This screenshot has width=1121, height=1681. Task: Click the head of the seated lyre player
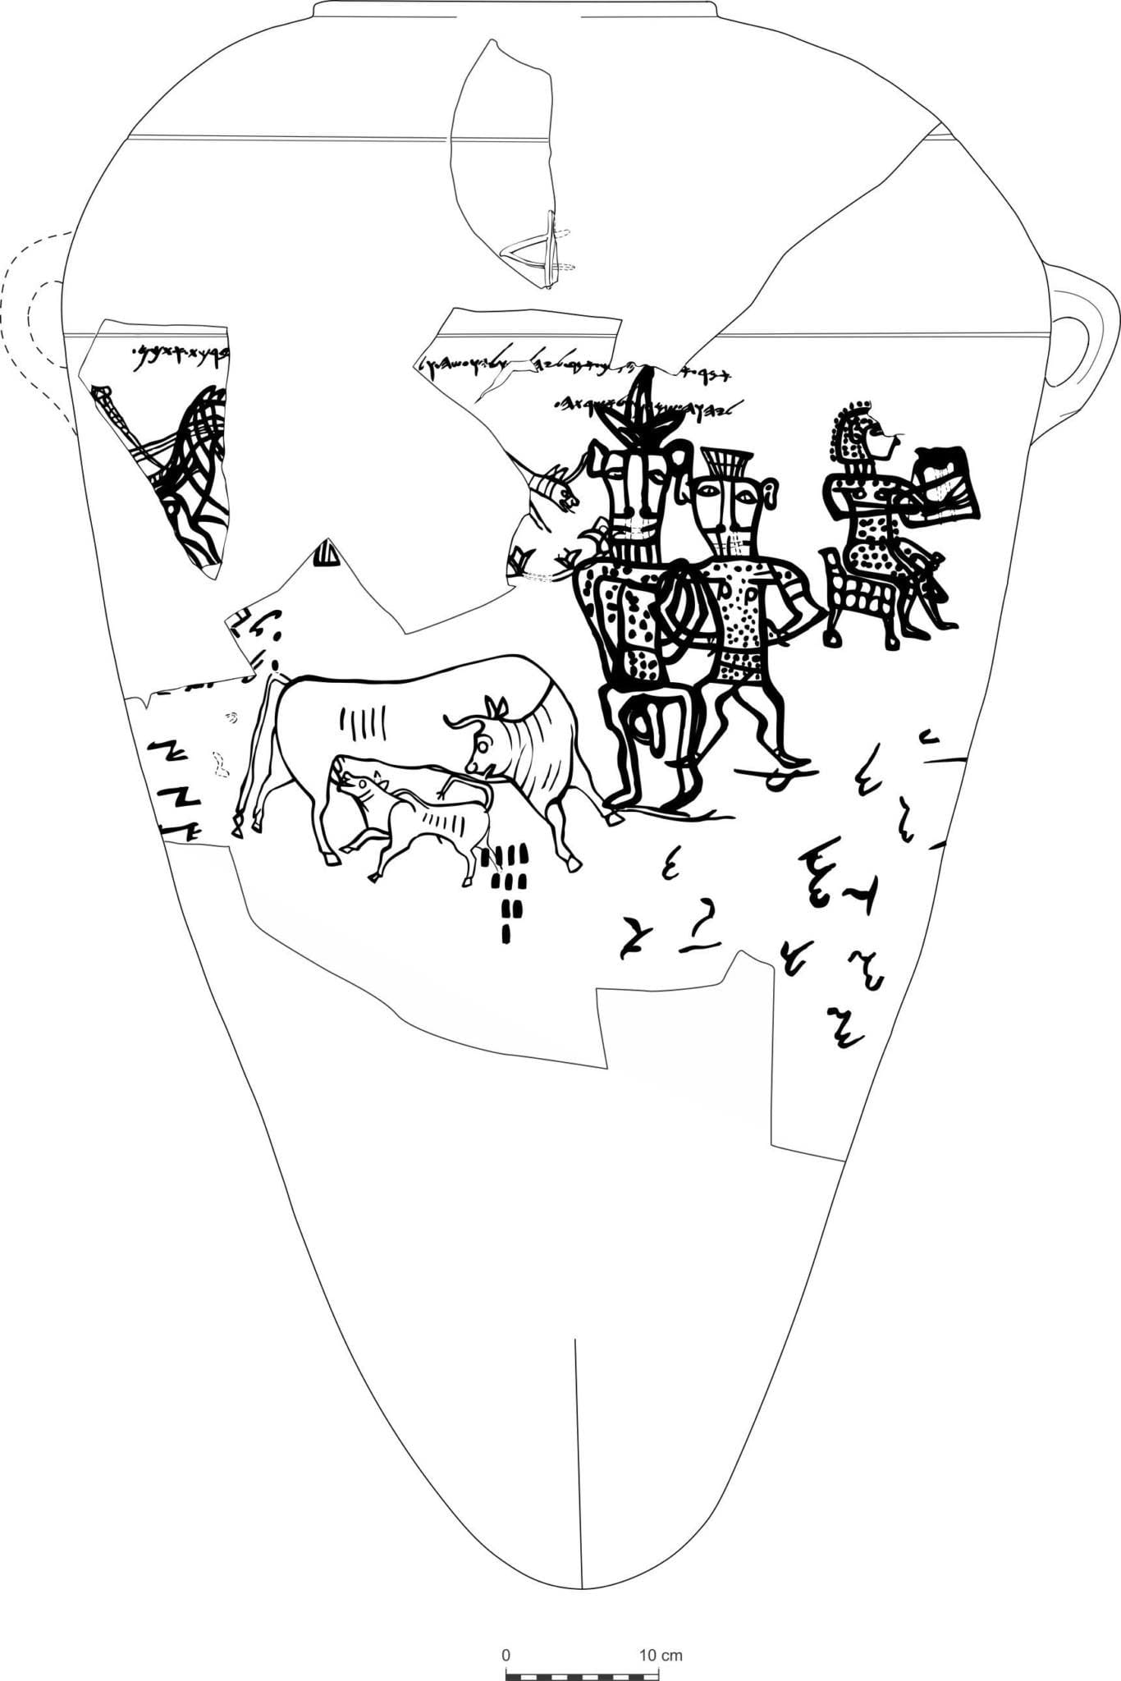866,435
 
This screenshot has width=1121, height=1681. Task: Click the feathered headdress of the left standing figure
643,410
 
